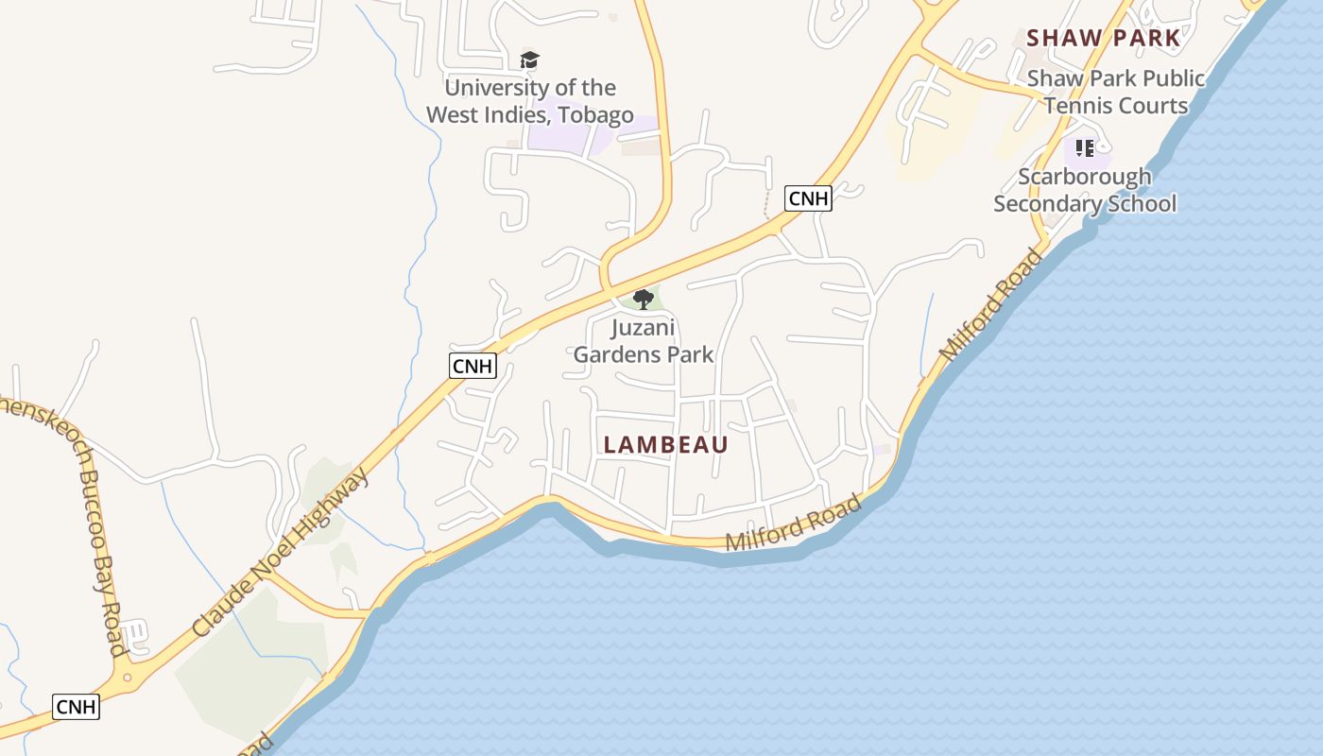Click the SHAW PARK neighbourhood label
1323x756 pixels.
click(1103, 38)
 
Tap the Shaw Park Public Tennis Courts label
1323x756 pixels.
click(1116, 92)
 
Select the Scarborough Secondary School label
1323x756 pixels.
click(1085, 190)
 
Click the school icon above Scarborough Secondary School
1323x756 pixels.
click(1084, 148)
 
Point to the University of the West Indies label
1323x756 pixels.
click(529, 101)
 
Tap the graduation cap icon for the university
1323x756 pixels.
click(529, 60)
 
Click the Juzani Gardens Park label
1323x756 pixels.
click(644, 341)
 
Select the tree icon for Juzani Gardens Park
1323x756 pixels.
click(644, 300)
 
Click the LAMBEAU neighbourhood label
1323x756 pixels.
click(666, 444)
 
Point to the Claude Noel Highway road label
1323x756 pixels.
click(281, 551)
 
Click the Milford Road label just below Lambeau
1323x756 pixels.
click(794, 524)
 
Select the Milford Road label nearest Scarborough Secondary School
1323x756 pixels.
click(992, 304)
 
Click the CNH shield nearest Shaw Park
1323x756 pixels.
click(808, 198)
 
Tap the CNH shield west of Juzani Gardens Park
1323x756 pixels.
click(472, 366)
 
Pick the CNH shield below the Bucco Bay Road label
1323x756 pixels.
click(76, 706)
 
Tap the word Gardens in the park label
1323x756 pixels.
click(612, 354)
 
